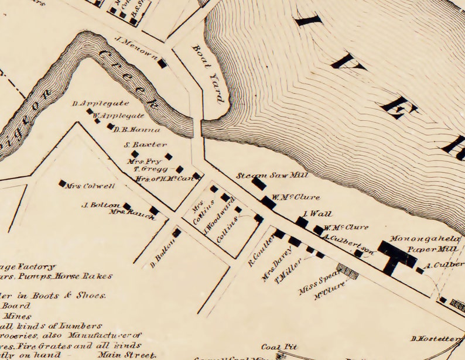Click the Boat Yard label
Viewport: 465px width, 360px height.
tap(208, 74)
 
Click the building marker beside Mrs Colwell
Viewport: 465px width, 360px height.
tap(62, 183)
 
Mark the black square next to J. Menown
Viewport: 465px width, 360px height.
tap(162, 63)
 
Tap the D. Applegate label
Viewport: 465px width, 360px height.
tap(92, 103)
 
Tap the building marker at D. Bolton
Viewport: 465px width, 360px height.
tap(176, 232)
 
